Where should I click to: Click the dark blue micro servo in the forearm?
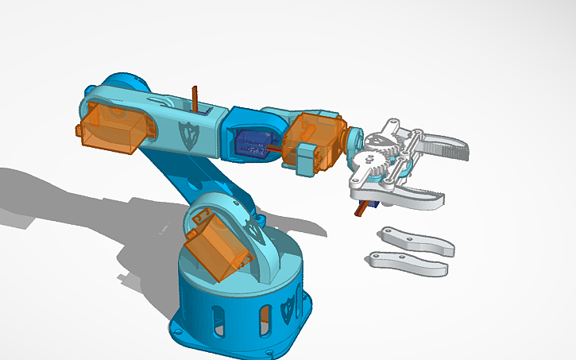253,143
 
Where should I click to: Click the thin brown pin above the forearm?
194,97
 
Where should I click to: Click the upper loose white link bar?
417,242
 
